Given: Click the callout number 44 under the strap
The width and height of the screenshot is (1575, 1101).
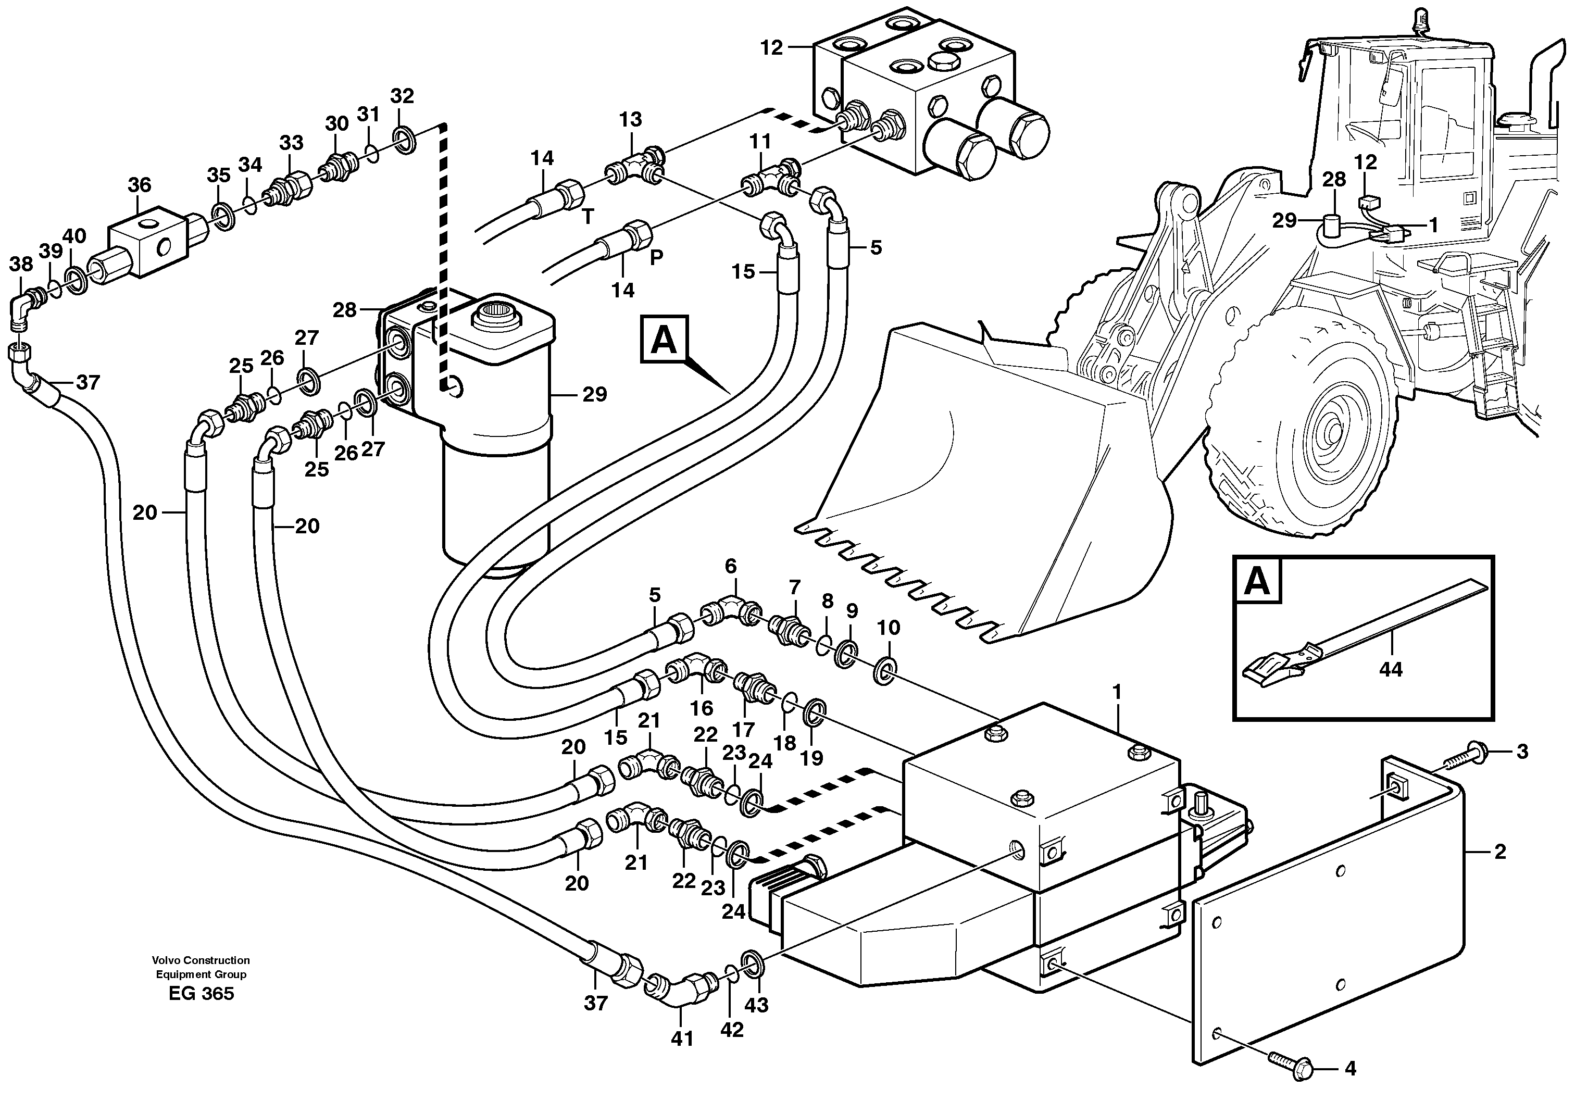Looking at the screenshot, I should coord(1391,668).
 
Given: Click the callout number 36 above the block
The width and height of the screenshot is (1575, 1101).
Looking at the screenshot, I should coord(139,184).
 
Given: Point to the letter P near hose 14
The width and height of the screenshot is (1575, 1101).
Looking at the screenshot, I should coord(656,258).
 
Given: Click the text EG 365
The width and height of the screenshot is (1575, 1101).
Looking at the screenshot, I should coord(201,994).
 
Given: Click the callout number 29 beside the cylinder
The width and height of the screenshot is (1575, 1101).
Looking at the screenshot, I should coord(594,394).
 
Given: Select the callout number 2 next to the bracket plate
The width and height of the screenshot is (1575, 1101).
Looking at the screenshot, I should coord(1500,852).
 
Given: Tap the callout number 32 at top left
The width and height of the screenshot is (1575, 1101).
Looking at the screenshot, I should coord(402,96).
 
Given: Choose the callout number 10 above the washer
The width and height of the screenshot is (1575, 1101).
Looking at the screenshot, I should coord(889,628).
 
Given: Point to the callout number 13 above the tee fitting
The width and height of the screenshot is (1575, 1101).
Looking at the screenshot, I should coord(630,119).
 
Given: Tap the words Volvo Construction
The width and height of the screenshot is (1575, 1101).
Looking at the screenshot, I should coord(201,960).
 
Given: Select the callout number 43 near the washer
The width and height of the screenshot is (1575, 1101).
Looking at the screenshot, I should coord(757,1005).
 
